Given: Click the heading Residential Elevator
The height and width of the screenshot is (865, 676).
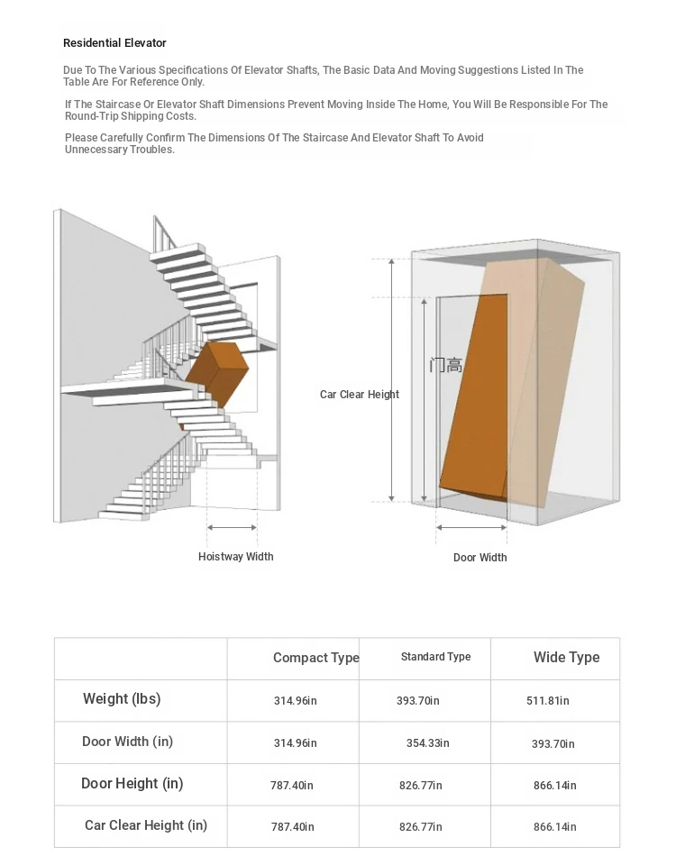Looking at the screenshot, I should tap(114, 43).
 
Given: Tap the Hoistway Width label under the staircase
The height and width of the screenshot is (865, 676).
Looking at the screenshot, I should tap(235, 557).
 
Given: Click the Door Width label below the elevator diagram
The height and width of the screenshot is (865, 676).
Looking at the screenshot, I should tap(480, 558).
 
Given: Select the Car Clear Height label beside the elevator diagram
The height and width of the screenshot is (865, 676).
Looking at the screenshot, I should tap(359, 395).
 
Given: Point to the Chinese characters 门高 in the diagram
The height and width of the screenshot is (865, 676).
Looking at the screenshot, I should tap(446, 365).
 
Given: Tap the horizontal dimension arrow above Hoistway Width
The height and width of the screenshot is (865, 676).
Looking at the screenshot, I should tap(233, 527).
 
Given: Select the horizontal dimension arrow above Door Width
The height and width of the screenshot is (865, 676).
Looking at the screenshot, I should tap(471, 528).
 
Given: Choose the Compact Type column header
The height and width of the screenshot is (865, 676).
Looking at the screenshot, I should tap(315, 658).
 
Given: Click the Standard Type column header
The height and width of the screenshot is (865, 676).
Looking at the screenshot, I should tap(435, 657).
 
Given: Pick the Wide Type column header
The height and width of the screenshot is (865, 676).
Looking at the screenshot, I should tap(566, 658).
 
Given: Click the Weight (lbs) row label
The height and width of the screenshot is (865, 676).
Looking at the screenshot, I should tap(122, 699).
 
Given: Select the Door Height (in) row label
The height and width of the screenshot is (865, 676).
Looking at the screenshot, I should tap(132, 784).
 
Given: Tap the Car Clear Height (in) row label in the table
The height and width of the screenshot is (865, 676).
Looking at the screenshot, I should tap(146, 825).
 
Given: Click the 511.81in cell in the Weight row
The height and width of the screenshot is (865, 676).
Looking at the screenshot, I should tap(548, 701).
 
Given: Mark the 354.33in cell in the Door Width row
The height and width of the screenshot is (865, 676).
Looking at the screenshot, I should tap(427, 743).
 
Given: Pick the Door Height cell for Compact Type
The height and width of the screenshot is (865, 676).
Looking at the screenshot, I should tap(292, 786).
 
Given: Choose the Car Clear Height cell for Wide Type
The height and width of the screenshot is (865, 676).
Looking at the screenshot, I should tap(554, 827).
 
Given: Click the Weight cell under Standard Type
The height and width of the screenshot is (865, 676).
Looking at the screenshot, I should tap(418, 701).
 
